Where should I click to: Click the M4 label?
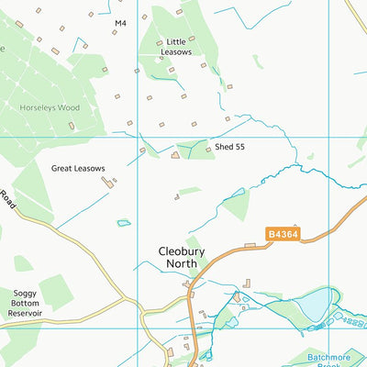[120, 21]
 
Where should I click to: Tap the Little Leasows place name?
[175, 47]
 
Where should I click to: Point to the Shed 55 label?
[230, 147]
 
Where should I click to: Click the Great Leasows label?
[78, 168]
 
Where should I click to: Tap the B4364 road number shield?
[283, 235]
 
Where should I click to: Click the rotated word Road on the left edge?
[8, 196]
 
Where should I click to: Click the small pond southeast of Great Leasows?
[123, 223]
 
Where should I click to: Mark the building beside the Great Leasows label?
[109, 182]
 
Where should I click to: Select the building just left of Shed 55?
[175, 156]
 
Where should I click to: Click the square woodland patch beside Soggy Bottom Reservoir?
[55, 292]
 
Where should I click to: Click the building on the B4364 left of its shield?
[250, 244]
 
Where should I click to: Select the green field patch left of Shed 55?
[195, 149]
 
